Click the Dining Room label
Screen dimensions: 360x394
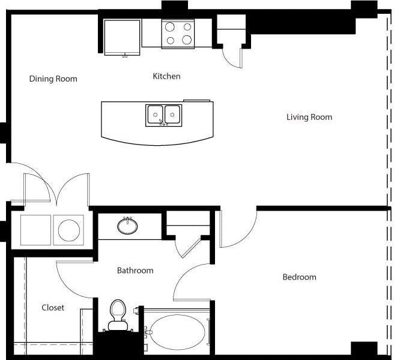(x=53, y=79)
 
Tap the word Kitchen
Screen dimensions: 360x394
(x=166, y=76)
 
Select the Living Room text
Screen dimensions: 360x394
(x=309, y=117)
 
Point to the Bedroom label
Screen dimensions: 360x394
(x=299, y=277)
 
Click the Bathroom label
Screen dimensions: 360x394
(x=135, y=271)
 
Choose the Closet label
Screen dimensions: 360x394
(x=53, y=308)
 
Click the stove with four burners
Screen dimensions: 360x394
(x=178, y=34)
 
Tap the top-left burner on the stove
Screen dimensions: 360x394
(x=170, y=27)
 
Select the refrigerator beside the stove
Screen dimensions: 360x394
(x=123, y=37)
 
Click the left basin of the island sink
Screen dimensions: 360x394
(x=156, y=113)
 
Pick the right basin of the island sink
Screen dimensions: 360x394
(x=173, y=113)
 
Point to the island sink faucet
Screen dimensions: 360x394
(x=162, y=123)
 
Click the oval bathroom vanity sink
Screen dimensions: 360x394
(x=127, y=226)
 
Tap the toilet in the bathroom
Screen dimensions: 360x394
(x=117, y=315)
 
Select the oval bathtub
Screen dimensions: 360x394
(x=177, y=331)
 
